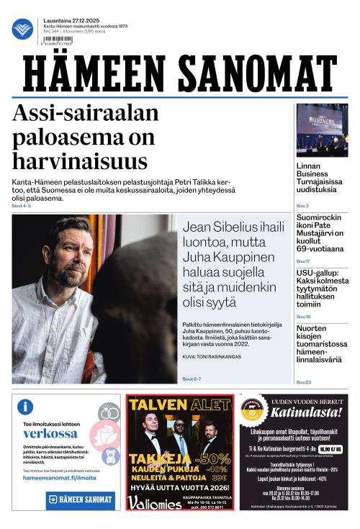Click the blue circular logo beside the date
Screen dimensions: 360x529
22,29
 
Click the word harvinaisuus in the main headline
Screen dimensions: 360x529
80,160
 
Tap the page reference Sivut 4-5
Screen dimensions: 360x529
22,206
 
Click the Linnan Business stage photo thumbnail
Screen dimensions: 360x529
322,130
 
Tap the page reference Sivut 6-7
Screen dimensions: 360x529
192,379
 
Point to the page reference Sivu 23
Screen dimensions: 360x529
304,382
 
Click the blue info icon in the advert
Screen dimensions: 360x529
25,407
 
